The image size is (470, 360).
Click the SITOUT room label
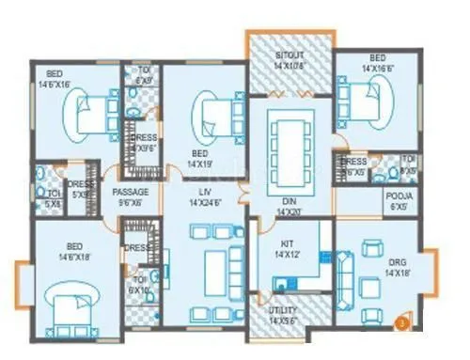[290, 62]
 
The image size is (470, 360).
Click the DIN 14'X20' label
[287, 209]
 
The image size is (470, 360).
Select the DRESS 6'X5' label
[355, 167]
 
